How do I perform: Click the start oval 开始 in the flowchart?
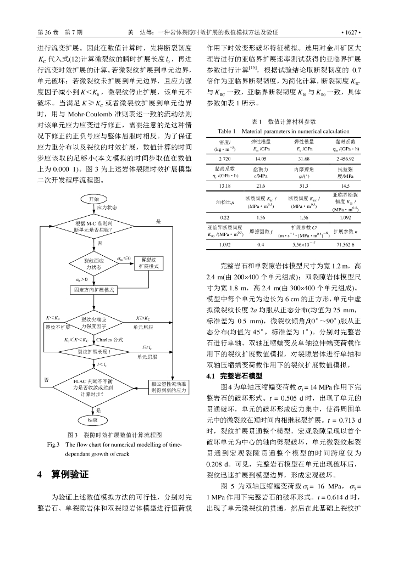click(x=94, y=199)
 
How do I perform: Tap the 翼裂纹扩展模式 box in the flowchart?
click(x=148, y=262)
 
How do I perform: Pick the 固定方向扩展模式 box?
click(x=93, y=289)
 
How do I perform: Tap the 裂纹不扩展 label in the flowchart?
click(x=54, y=327)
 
